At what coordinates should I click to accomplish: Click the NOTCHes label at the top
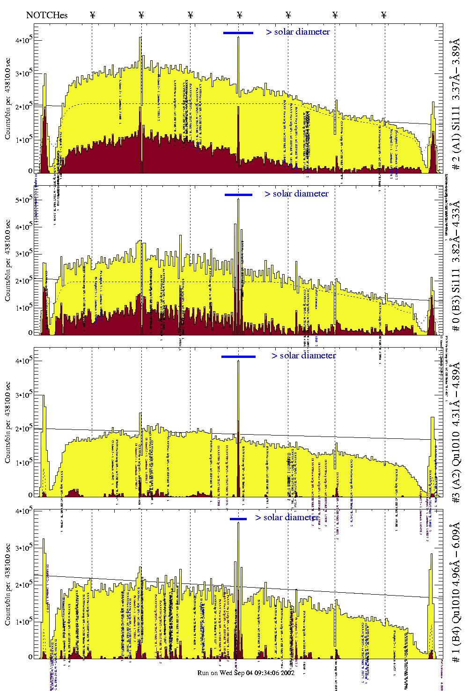(47, 15)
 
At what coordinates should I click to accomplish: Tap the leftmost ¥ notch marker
(92, 15)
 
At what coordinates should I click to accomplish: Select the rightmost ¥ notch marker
(384, 15)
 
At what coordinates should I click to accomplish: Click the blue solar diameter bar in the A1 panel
(238, 33)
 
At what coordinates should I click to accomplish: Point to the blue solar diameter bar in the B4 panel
(238, 519)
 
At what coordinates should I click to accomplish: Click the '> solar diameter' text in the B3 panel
(296, 194)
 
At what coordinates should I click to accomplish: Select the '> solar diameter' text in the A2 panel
(303, 356)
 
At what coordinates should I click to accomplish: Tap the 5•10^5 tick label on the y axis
(23, 200)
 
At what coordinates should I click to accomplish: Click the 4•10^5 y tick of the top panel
(23, 40)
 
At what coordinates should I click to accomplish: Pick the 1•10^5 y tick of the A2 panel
(23, 463)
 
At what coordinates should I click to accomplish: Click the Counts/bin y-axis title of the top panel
(8, 98)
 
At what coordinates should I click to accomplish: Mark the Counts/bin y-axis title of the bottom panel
(8, 585)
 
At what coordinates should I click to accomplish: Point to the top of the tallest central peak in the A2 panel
(238, 361)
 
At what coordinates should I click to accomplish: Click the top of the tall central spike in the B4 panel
(238, 523)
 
